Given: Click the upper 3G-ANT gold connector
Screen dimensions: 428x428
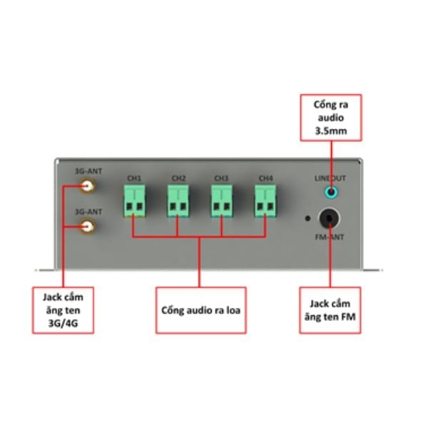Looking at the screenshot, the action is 87,186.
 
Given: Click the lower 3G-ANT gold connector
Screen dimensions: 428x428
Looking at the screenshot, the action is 87,227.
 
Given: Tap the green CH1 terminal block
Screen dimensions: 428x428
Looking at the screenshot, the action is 134,200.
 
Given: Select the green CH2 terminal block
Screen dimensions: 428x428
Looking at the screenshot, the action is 178,200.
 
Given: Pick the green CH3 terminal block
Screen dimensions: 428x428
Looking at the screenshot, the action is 222,200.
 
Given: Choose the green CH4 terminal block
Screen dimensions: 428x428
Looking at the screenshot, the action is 265,200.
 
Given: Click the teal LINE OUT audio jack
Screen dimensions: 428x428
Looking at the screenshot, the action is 331,192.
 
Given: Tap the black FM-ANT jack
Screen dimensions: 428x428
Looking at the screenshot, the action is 330,219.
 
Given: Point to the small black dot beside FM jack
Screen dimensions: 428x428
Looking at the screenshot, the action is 307,218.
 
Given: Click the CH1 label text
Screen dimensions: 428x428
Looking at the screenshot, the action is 134,178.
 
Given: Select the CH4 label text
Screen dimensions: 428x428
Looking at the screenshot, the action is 265,178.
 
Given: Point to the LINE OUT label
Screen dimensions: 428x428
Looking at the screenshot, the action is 330,178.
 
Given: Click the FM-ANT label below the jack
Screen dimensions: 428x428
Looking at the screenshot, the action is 330,237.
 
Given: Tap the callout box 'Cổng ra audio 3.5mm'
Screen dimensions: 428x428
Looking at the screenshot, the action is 331,118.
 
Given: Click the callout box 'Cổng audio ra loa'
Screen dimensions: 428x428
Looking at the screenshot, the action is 201,310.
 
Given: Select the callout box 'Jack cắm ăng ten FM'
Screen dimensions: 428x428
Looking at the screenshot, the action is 330,310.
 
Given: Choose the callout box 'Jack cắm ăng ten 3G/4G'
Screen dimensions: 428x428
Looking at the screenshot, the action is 63,310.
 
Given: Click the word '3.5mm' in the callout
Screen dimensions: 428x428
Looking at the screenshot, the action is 331,131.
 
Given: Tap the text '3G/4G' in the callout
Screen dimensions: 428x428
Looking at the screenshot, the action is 63,323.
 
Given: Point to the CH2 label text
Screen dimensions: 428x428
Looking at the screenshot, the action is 178,178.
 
